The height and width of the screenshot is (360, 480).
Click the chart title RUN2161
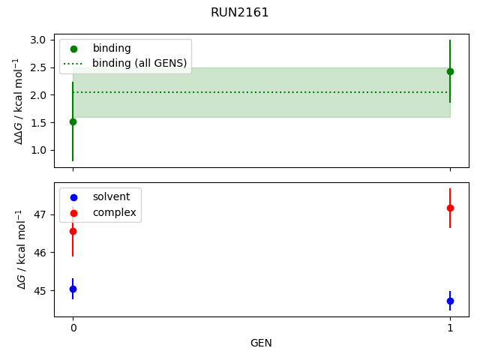click(x=240, y=13)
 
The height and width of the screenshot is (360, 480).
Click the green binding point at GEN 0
click(x=73, y=121)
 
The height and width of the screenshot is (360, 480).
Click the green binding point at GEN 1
click(x=450, y=71)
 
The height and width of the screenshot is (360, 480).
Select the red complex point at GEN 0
click(x=73, y=231)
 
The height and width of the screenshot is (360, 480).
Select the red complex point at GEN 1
click(x=450, y=208)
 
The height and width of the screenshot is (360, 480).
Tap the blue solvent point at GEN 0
click(x=73, y=289)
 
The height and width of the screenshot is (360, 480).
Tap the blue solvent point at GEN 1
click(x=450, y=301)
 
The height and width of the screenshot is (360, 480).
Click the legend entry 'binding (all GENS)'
click(x=139, y=63)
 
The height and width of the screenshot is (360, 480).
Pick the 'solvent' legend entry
click(x=111, y=196)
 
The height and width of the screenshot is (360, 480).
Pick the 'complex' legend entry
click(x=114, y=212)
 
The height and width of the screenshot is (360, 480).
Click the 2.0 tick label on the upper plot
click(x=43, y=95)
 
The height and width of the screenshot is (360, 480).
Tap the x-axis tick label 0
click(x=73, y=328)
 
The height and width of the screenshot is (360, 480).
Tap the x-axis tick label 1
click(x=450, y=328)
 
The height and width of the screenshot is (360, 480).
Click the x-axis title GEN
click(x=261, y=343)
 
